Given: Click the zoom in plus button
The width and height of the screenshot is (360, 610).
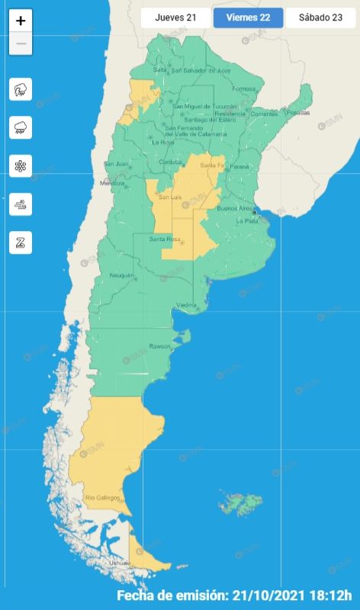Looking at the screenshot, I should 21,21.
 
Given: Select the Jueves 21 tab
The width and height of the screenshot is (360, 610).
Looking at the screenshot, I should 175,18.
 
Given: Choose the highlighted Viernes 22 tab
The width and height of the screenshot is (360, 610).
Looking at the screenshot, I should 248,18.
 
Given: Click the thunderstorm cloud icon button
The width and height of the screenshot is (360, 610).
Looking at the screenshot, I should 21,89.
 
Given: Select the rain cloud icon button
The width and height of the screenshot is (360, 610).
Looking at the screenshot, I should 21,127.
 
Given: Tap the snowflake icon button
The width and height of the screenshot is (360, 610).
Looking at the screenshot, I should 21,165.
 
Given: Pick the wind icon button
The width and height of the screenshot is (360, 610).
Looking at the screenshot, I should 21,204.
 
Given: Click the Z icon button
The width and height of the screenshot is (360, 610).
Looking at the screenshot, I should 21,242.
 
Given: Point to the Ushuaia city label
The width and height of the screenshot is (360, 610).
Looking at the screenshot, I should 120,563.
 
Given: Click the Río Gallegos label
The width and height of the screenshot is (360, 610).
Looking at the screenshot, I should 102,498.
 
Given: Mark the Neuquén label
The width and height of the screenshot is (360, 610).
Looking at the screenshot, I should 122,275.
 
